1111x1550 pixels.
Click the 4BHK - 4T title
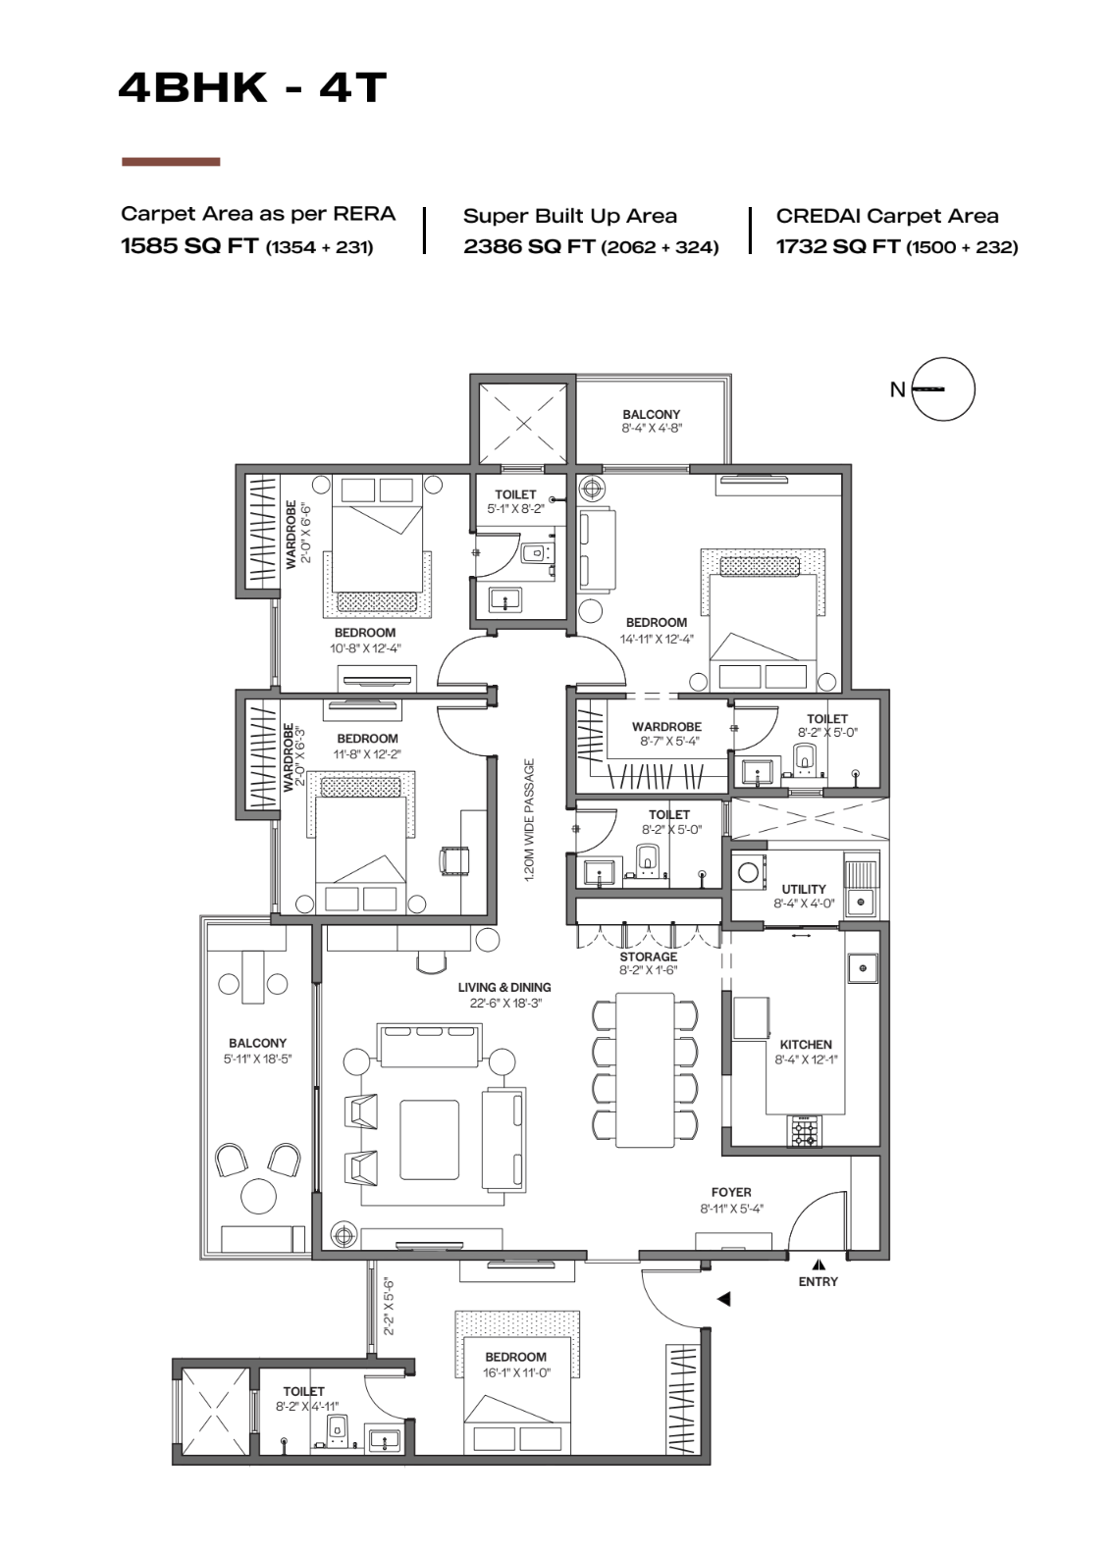pyautogui.click(x=252, y=88)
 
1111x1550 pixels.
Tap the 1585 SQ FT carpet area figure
pyautogui.click(x=189, y=246)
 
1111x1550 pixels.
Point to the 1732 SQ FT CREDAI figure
pyautogui.click(x=837, y=246)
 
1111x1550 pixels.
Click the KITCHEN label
pyautogui.click(x=806, y=1044)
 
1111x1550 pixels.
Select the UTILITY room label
pyautogui.click(x=804, y=889)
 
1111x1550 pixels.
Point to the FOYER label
pyautogui.click(x=731, y=1192)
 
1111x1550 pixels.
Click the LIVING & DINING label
pyautogui.click(x=504, y=987)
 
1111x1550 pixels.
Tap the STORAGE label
pyautogui.click(x=648, y=956)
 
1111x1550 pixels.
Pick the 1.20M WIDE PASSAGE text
pyautogui.click(x=530, y=820)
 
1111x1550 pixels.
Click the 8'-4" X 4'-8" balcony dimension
pyautogui.click(x=652, y=429)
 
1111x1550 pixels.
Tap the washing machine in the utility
pyautogui.click(x=749, y=872)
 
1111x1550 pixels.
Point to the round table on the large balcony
pyautogui.click(x=258, y=1195)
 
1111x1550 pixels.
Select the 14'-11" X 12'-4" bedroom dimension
pyautogui.click(x=657, y=639)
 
